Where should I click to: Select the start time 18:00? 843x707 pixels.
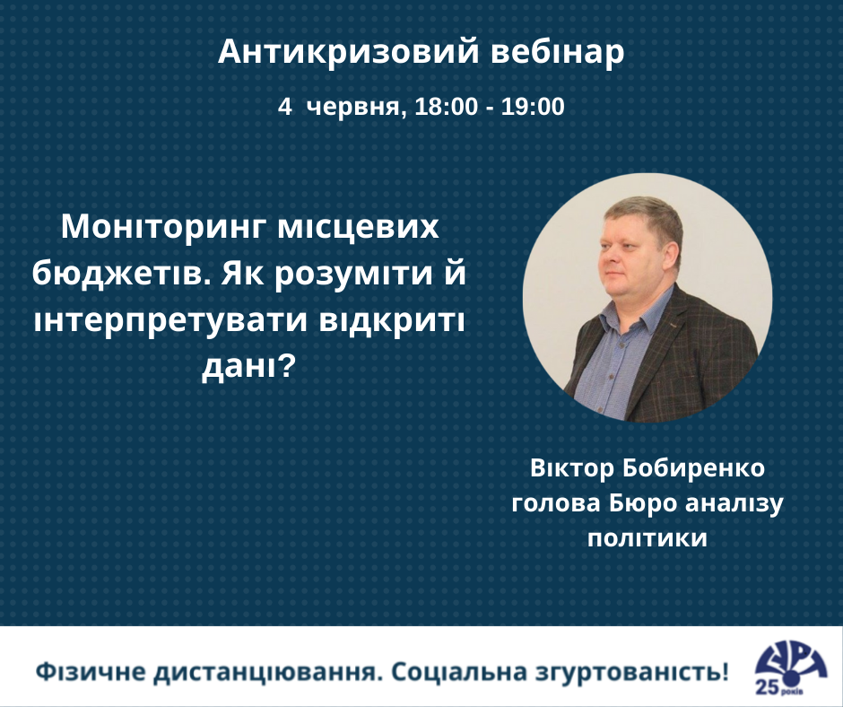coord(447,107)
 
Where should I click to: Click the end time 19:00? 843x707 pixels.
coord(533,107)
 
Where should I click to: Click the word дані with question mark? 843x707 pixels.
coord(249,367)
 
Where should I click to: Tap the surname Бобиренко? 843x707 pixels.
coord(693,467)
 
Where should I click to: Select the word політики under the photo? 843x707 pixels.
coord(647,538)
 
